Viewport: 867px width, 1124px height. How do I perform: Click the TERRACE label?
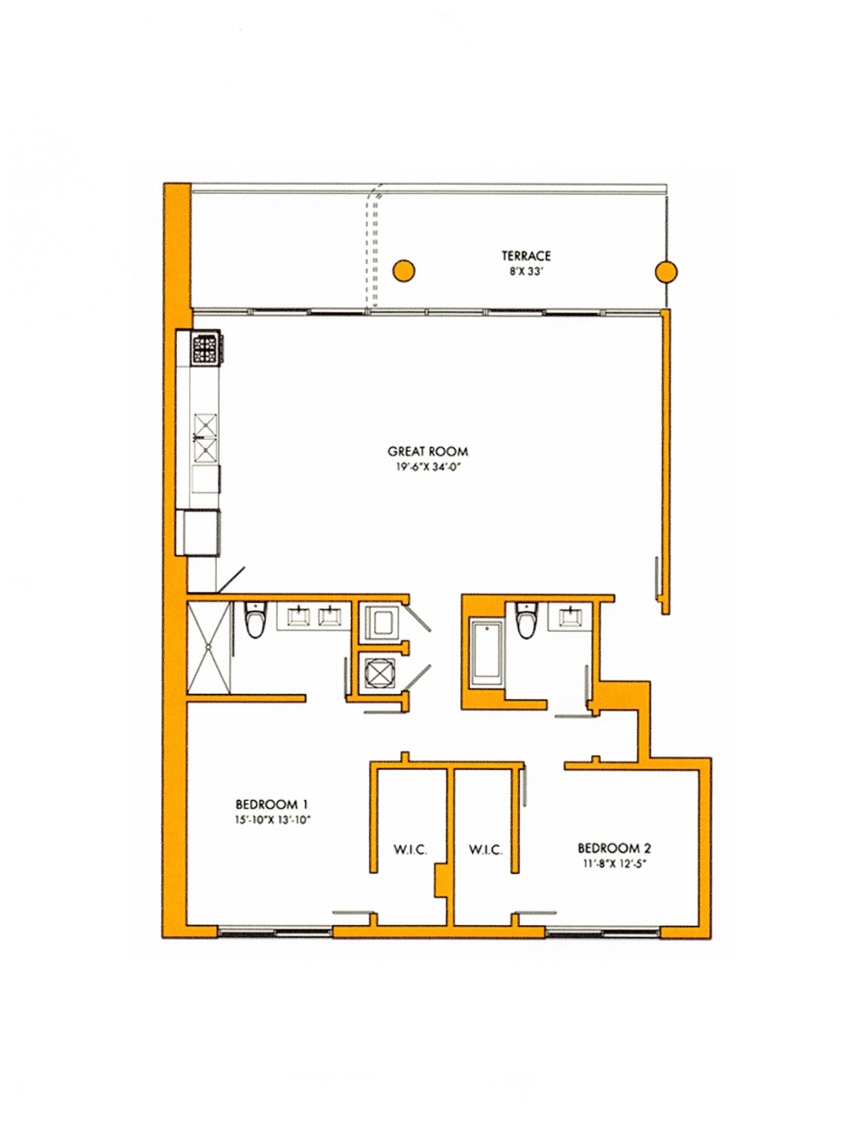pos(526,256)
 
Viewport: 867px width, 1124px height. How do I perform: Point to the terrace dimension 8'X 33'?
pos(526,272)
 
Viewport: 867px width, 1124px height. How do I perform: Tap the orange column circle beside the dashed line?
pos(403,271)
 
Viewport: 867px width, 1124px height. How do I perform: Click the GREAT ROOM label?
pos(428,451)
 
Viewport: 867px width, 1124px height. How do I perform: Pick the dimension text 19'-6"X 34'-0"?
pos(428,467)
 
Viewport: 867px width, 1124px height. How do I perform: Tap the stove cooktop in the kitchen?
pos(207,349)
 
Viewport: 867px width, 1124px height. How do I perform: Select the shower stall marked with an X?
pos(208,647)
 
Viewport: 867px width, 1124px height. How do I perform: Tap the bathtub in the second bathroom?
pos(486,654)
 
